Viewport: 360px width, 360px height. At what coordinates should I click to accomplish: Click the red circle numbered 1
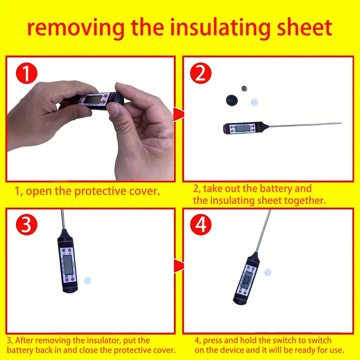click(x=26, y=74)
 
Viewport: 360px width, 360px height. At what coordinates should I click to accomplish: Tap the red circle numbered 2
click(x=201, y=74)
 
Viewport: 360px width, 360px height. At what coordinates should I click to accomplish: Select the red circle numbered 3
click(x=26, y=225)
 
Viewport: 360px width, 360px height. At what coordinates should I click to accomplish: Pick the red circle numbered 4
click(x=201, y=225)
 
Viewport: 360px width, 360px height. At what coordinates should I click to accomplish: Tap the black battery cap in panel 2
click(x=232, y=100)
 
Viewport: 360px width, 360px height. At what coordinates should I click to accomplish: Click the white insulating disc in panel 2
click(x=255, y=102)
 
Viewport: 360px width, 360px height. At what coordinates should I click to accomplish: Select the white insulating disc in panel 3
click(x=88, y=280)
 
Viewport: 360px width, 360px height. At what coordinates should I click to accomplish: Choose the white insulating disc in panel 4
click(x=268, y=272)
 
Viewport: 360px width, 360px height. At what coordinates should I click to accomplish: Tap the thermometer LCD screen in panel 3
click(x=68, y=265)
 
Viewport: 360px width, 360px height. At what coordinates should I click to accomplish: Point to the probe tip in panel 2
click(x=340, y=123)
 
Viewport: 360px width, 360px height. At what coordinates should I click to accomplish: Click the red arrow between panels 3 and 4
click(x=179, y=266)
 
